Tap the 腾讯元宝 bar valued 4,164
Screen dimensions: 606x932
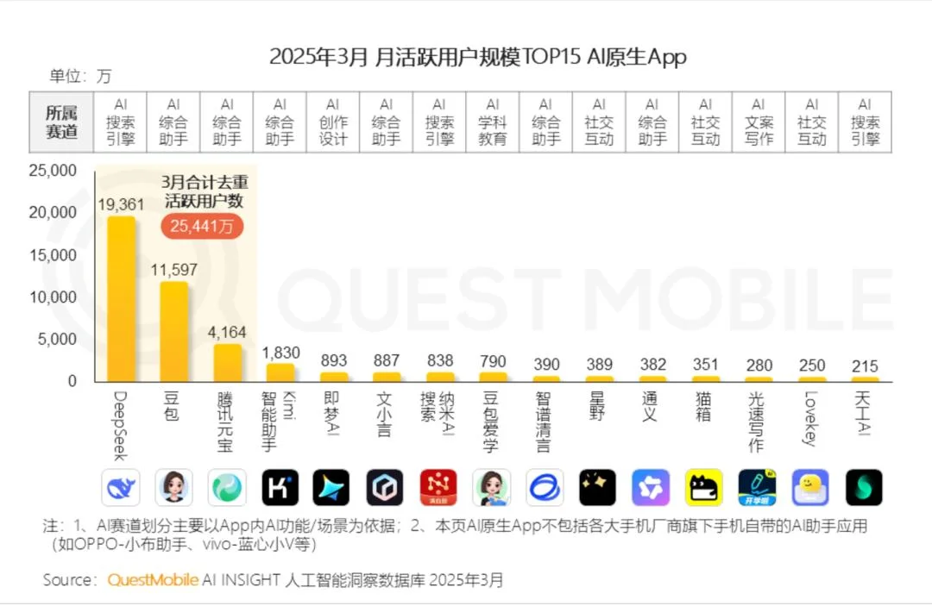(x=228, y=362)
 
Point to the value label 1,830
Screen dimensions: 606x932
(x=280, y=352)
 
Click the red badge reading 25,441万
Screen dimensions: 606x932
(x=202, y=226)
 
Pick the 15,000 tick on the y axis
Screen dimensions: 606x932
(x=53, y=255)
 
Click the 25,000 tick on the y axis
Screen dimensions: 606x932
(x=53, y=171)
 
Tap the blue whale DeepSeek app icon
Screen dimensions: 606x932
(x=121, y=488)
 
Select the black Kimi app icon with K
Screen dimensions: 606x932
(x=280, y=488)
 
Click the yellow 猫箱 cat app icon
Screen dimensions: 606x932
(x=704, y=488)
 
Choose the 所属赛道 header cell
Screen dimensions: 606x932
(x=61, y=122)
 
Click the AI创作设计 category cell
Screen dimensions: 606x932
(x=333, y=122)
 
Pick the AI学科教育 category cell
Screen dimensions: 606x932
(x=493, y=122)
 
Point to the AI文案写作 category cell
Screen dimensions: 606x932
(x=759, y=122)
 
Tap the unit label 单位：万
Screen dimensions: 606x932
(x=80, y=76)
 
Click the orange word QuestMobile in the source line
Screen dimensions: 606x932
(x=153, y=579)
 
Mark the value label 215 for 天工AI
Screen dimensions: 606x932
(x=865, y=365)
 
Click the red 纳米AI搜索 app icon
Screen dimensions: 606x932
(x=439, y=488)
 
